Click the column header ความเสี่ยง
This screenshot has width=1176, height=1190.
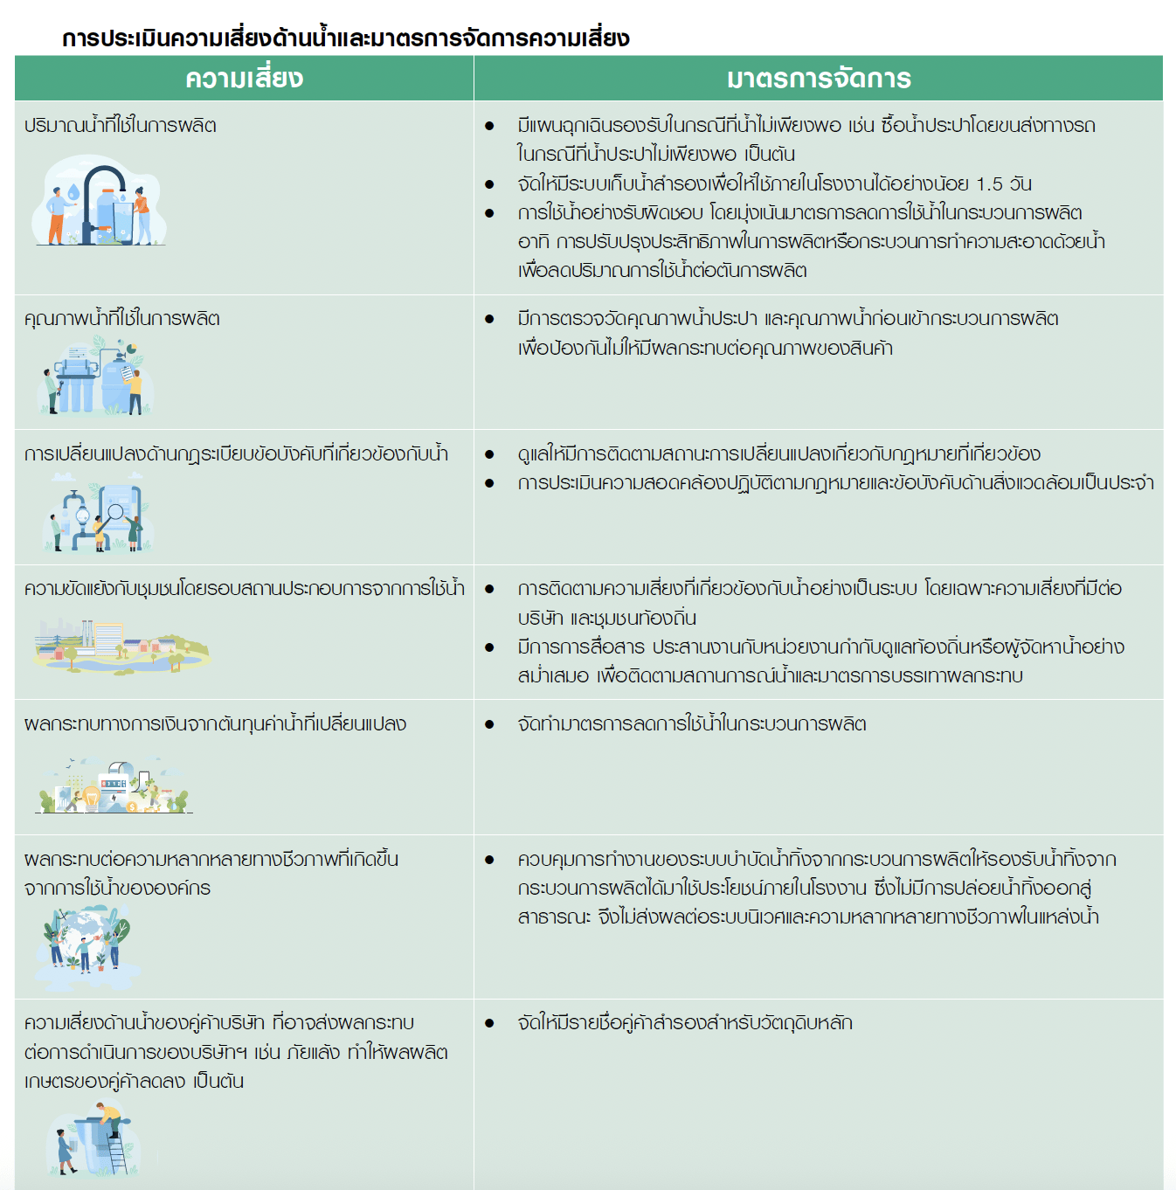244,79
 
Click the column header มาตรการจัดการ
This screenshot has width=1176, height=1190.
819,79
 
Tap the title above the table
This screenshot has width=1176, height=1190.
345,38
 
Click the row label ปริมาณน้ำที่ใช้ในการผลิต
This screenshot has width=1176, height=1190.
121,126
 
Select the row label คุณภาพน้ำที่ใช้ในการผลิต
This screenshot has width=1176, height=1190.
122,319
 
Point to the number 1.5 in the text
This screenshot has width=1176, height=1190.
989,184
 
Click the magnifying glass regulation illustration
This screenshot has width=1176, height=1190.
96,515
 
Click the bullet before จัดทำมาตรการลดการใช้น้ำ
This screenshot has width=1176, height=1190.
489,724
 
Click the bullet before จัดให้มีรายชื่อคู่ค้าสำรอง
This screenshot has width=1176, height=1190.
489,1023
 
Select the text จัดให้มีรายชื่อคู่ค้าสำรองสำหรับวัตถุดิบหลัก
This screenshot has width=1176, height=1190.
684,1023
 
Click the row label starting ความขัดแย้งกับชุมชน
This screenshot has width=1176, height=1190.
245,589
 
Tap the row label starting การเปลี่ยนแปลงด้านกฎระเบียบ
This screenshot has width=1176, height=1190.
236,454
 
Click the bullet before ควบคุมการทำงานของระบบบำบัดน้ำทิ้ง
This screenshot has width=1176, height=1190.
489,860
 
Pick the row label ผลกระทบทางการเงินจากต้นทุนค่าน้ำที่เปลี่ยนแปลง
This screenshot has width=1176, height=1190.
215,724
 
